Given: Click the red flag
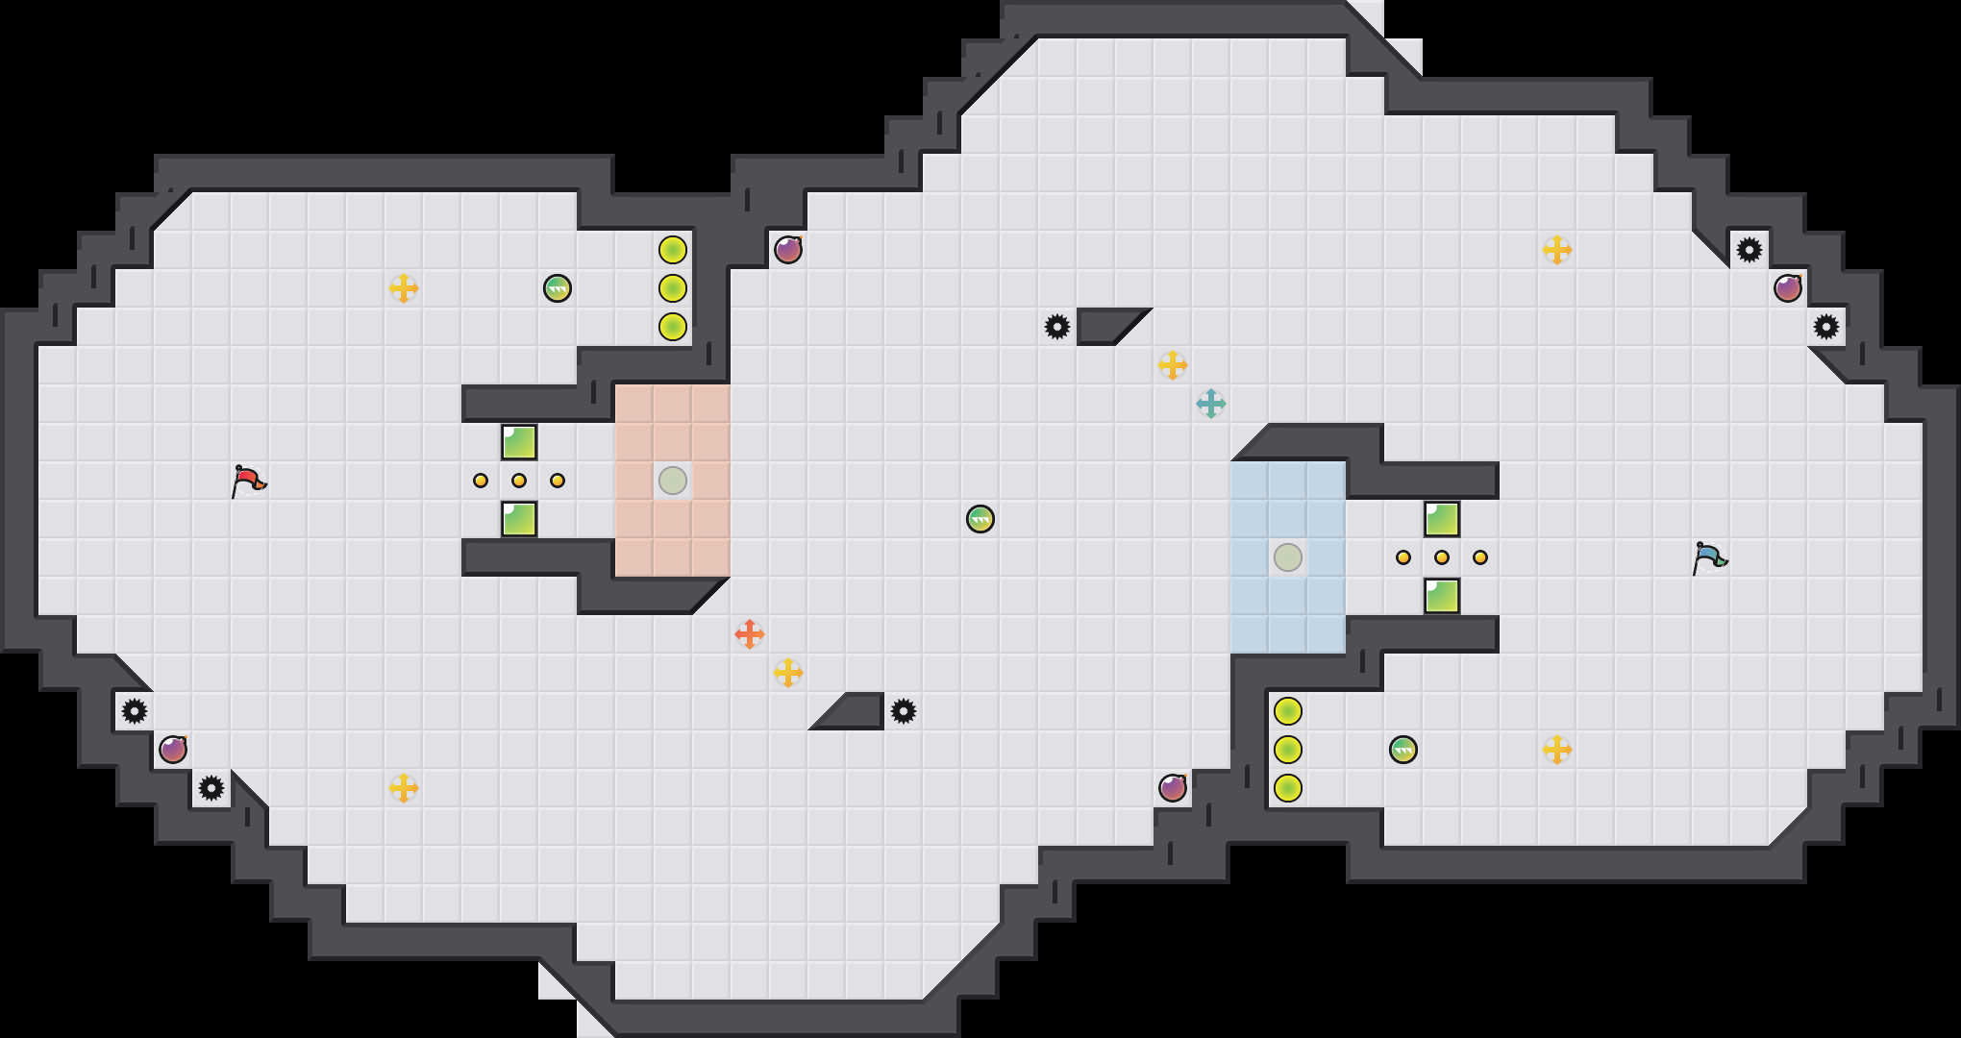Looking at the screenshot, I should point(248,480).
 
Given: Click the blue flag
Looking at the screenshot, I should point(1709,556).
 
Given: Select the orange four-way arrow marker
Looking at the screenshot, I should point(750,634).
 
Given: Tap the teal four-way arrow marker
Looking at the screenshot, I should point(1211,404).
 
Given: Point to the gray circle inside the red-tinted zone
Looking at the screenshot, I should point(673,481).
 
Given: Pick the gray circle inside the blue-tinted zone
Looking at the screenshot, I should point(1288,557).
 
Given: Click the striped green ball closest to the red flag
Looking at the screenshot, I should point(558,288).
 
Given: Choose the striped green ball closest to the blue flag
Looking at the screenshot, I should point(1403,750).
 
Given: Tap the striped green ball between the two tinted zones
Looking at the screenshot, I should point(980,519).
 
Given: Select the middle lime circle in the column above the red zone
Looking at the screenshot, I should point(673,288).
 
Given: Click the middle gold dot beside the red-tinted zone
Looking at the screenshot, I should point(519,481).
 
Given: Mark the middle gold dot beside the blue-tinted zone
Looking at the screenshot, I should point(1442,557).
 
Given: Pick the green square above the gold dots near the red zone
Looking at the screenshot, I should point(519,442).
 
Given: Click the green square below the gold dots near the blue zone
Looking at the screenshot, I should point(1442,596).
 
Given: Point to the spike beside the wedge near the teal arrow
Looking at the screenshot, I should point(1057,327).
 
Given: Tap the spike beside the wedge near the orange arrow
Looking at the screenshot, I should point(904,711).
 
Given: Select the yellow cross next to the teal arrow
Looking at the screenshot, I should point(1173,365).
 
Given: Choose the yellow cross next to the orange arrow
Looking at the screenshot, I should point(788,673).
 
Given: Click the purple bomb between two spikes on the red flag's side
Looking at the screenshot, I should point(173,750).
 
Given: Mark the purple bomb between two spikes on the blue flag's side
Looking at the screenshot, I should point(1788,288).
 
